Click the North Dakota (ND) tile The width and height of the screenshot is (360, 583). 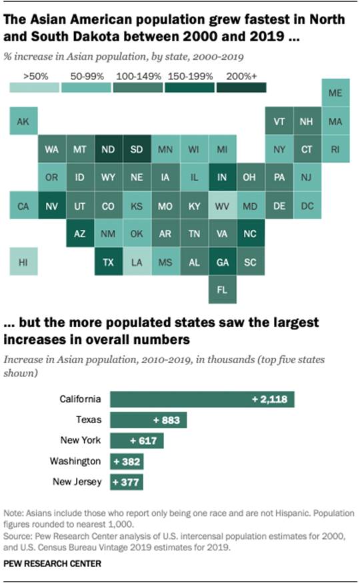[x=109, y=150]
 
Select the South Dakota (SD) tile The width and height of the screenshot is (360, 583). [x=137, y=150]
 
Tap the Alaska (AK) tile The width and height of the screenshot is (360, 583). [x=23, y=121]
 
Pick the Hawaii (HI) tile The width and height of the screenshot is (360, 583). [x=23, y=263]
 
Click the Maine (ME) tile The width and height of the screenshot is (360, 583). [x=335, y=93]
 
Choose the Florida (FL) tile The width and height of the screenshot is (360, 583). [x=222, y=291]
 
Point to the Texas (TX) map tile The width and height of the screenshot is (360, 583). [x=109, y=263]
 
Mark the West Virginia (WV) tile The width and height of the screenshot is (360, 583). [x=222, y=206]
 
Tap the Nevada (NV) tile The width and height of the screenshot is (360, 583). [x=51, y=206]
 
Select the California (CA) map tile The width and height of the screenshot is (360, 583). [x=23, y=206]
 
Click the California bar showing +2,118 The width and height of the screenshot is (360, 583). [x=202, y=399]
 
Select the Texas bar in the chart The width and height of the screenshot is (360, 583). [x=148, y=420]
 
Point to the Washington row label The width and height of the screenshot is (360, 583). [x=75, y=461]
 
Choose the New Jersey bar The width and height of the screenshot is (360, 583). [x=127, y=482]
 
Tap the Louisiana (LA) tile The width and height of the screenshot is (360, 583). [x=137, y=263]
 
